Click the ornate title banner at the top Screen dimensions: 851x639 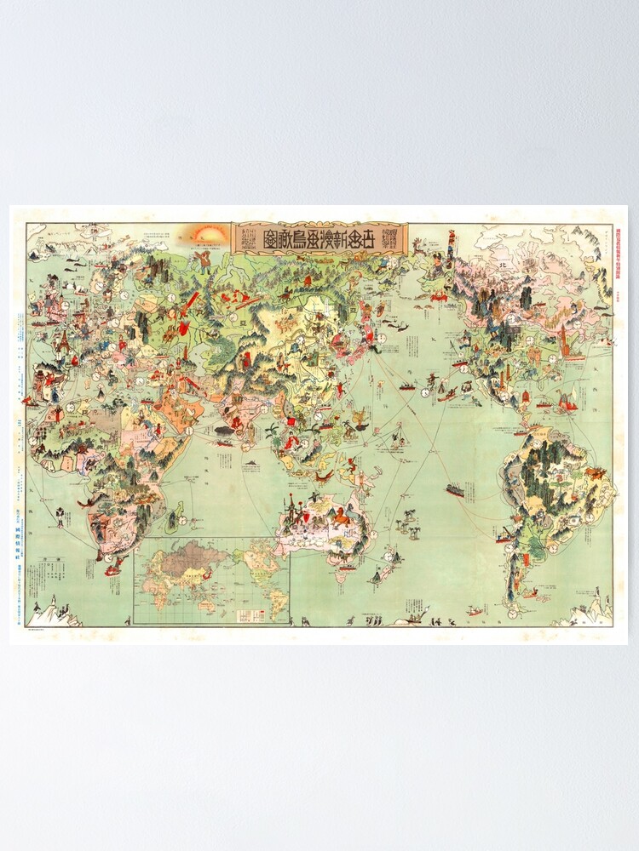click(320, 237)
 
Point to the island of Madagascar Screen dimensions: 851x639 click(180, 516)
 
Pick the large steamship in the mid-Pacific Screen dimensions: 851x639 click(455, 490)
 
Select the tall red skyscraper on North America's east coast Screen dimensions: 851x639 click(563, 340)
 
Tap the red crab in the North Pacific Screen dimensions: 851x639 click(440, 295)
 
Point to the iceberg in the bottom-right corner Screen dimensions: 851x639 click(593, 611)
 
